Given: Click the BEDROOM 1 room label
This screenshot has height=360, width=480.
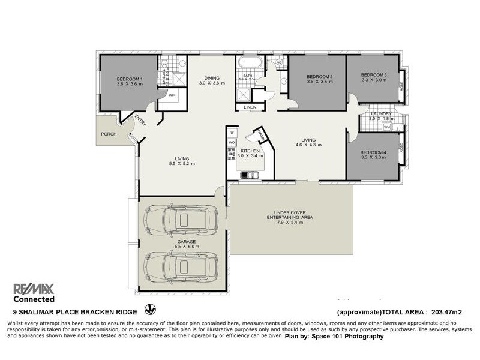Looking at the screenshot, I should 129,79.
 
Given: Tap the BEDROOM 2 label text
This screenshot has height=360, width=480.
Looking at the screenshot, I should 319,76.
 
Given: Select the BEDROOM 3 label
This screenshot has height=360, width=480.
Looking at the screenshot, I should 374,74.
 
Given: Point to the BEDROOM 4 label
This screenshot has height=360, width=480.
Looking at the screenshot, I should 373,152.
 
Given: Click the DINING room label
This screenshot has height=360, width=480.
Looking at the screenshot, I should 211,78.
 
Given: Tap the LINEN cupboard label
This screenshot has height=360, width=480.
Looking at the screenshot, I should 250,107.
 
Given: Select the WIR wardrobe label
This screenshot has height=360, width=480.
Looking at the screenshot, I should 172,95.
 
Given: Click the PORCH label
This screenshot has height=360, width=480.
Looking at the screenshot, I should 109,134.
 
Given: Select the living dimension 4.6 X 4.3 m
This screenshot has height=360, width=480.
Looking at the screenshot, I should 309,145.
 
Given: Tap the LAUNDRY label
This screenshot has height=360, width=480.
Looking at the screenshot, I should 381,113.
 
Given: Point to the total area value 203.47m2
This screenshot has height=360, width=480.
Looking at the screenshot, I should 445,312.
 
